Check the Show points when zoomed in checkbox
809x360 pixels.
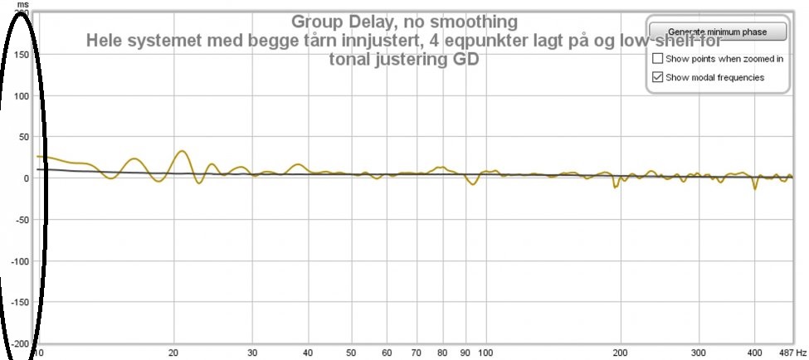pos(658,59)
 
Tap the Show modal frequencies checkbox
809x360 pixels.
pos(658,77)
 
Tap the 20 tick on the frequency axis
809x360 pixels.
pos(173,352)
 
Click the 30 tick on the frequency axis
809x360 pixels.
pos(252,352)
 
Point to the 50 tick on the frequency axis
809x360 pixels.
pos(351,352)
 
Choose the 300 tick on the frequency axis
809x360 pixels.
pos(699,352)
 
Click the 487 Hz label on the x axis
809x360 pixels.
pos(792,352)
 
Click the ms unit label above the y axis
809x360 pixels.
pos(22,4)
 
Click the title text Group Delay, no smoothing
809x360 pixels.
pos(404,21)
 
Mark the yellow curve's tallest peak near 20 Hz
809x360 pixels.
pos(182,152)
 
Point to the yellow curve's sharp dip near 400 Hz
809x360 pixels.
pos(755,188)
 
